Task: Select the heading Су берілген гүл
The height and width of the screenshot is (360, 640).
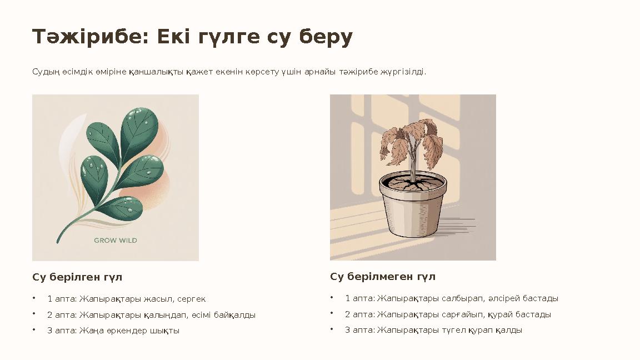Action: coord(77,277)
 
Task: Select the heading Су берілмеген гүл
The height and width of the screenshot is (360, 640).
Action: coord(383,276)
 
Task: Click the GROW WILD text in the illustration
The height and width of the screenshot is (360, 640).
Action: coord(116,241)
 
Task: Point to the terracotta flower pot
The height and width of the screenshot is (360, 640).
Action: coord(412,211)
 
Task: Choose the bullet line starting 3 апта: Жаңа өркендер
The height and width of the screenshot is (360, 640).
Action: coord(113,331)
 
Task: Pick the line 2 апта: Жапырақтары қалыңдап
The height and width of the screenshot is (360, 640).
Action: coord(151,315)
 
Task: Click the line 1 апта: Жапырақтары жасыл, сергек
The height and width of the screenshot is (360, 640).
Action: coord(126,299)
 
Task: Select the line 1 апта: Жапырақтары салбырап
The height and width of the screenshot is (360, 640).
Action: coord(452,298)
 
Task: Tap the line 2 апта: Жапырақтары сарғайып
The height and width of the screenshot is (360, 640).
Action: coord(448,314)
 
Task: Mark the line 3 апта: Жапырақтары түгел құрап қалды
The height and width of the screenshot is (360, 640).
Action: coord(433,330)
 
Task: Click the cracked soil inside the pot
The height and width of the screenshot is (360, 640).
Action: coord(412,183)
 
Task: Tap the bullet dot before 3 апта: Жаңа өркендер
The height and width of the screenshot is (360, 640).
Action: coord(34,329)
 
